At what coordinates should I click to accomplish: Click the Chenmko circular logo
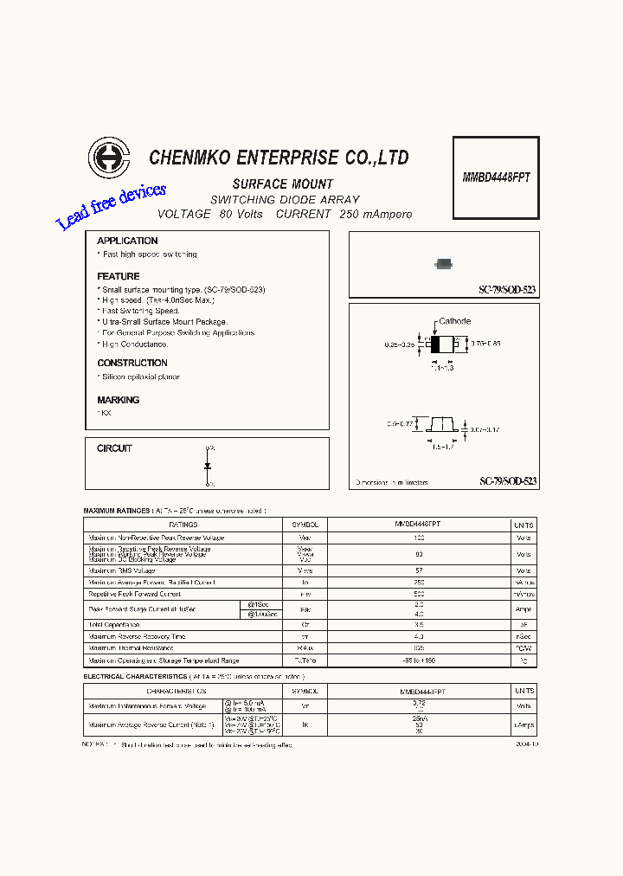[108, 158]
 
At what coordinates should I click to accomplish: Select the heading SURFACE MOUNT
[283, 184]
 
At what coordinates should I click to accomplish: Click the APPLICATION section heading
[127, 241]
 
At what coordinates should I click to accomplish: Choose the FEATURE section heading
[119, 276]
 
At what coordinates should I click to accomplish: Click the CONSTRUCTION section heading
[132, 363]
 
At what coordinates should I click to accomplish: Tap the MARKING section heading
[119, 400]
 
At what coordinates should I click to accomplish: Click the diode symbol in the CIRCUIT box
[209, 466]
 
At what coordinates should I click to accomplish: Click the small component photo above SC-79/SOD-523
[444, 264]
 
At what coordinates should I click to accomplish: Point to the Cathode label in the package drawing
[454, 321]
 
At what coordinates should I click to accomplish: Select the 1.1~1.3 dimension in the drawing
[442, 368]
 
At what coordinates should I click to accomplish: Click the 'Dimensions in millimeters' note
[392, 482]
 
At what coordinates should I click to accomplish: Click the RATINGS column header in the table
[183, 525]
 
